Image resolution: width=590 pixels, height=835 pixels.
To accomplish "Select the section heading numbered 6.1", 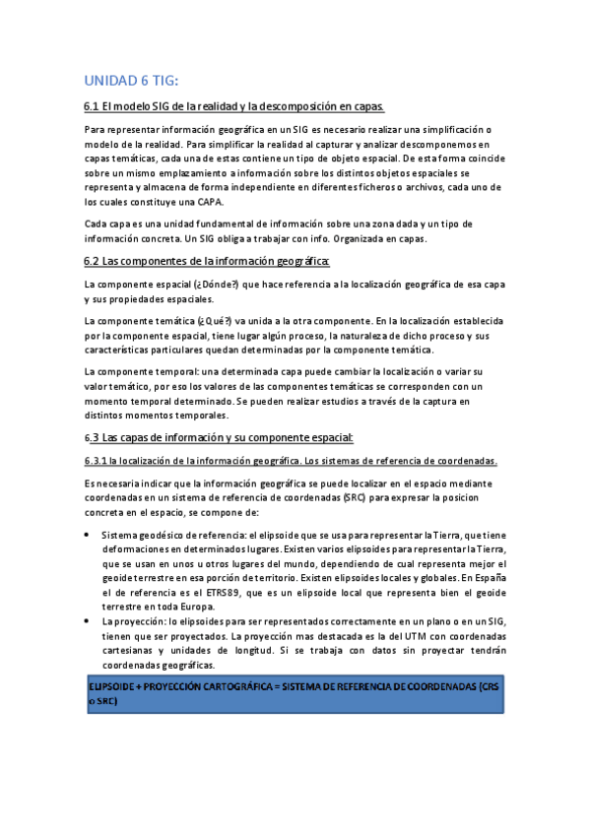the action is tap(233, 106).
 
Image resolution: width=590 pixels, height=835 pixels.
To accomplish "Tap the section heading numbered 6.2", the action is tap(207, 261).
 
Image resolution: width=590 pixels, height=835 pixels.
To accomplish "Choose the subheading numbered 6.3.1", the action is tap(291, 461).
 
